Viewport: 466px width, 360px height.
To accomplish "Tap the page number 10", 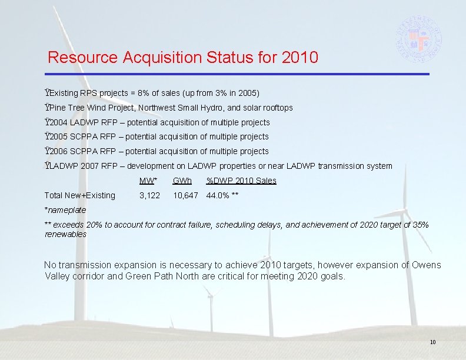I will tap(432, 342).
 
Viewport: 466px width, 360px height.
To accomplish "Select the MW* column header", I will tap(148, 181).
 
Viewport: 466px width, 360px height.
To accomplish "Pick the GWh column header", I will tap(182, 181).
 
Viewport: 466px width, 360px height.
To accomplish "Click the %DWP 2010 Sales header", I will tap(241, 181).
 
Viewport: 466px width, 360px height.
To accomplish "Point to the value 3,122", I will tap(149, 195).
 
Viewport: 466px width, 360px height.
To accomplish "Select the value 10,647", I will tap(185, 195).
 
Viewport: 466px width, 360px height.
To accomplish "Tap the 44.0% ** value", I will tap(222, 195).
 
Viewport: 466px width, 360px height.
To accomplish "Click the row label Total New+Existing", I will tap(80, 195).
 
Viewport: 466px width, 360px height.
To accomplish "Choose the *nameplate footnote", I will tap(65, 210).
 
